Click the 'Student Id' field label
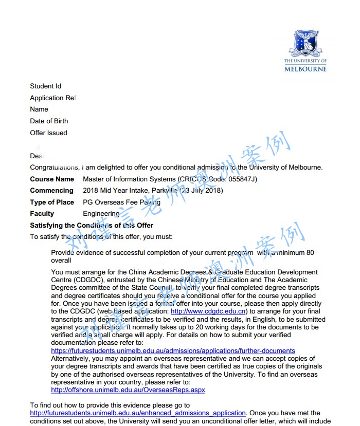[x=45, y=86]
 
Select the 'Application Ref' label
[x=53, y=98]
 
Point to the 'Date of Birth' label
[x=49, y=121]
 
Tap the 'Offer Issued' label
[x=48, y=133]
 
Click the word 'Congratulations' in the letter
[x=54, y=168]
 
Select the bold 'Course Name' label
[x=52, y=179]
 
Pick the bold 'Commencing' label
[x=51, y=191]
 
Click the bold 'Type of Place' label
[x=52, y=202]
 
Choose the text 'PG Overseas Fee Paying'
[x=121, y=202]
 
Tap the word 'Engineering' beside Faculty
[x=101, y=214]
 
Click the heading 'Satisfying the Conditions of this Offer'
[x=92, y=226]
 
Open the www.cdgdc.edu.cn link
[x=209, y=311]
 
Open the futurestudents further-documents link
[x=173, y=351]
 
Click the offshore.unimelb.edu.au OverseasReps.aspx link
[x=128, y=390]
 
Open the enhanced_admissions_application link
[x=138, y=413]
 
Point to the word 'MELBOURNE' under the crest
[x=305, y=68]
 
